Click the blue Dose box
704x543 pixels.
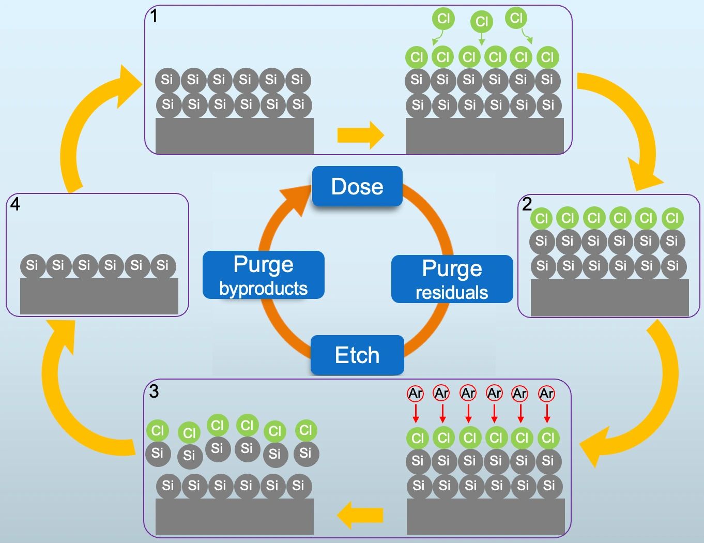(357, 187)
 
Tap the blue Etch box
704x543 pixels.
(357, 355)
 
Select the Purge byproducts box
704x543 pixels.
(264, 275)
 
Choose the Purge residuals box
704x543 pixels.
(452, 279)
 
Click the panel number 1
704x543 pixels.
(154, 17)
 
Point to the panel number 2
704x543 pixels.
(527, 204)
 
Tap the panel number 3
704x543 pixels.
(154, 391)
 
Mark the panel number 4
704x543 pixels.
(15, 204)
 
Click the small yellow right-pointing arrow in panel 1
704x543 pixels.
(361, 135)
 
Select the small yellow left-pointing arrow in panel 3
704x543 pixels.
(360, 515)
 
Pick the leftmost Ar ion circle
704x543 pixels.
(416, 394)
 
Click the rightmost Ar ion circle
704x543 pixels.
(547, 394)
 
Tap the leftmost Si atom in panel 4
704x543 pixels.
(33, 266)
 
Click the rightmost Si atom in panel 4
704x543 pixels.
(163, 266)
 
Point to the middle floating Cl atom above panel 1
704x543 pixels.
(482, 22)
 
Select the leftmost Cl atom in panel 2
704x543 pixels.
(541, 218)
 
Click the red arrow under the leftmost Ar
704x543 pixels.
(416, 413)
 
